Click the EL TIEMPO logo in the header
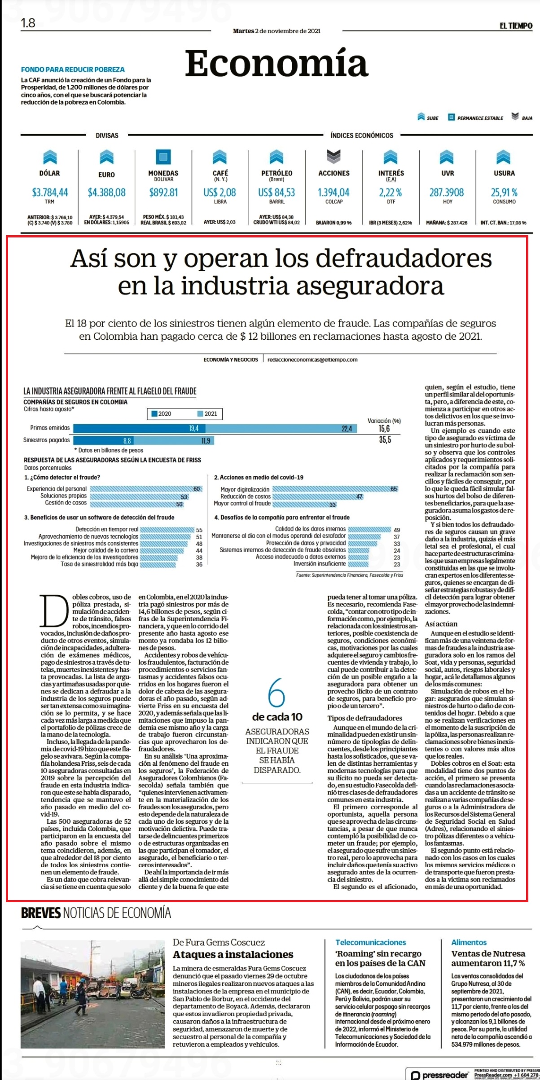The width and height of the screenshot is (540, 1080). coord(516,26)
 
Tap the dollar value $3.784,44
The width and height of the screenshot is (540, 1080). coord(50,193)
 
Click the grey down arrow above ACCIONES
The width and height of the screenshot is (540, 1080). coord(334,157)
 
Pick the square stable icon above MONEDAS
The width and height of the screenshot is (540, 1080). coord(163,157)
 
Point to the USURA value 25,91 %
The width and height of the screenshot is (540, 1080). coord(504,193)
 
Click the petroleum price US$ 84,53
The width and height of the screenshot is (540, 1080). coord(277,193)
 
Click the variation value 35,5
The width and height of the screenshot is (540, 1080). coord(385,440)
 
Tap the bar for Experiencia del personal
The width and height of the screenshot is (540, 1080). coord(145,489)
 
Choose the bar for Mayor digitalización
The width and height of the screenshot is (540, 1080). coord(335,489)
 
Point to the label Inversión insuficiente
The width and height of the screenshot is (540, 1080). coord(320,563)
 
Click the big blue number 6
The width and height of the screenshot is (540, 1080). coord(277,693)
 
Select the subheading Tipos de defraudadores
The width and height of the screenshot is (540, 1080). coord(364,718)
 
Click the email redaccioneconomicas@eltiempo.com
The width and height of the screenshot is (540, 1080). coord(312,360)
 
